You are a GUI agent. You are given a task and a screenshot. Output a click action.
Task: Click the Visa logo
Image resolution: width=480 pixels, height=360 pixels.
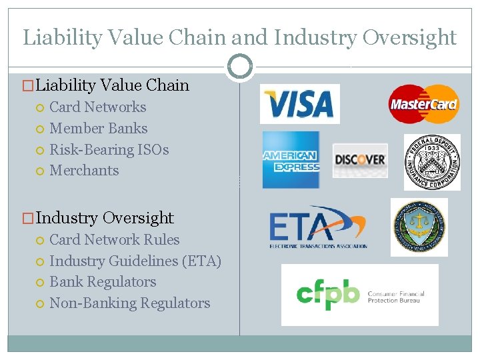coord(299,104)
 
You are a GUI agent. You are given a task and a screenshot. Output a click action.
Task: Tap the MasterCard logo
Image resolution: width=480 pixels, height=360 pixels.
coord(423,104)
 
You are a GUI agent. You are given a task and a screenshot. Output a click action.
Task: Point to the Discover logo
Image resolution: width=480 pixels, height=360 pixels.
coord(360,160)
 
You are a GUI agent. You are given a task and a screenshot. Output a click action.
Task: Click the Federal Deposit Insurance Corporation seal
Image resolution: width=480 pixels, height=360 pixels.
coord(432,162)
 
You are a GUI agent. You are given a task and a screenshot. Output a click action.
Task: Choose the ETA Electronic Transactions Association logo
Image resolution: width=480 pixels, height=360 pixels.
coord(318,227)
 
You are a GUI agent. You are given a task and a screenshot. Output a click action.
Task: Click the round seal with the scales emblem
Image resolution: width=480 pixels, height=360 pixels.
coord(419,227)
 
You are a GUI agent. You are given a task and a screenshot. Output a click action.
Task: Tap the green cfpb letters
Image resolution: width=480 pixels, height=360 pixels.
coord(328,295)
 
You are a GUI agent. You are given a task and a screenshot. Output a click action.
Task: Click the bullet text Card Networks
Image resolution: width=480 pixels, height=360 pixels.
coord(98,107)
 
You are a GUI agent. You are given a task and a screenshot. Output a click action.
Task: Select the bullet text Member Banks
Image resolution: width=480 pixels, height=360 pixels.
coord(99,129)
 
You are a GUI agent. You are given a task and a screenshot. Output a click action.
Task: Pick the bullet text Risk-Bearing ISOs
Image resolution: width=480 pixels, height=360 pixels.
coord(109,150)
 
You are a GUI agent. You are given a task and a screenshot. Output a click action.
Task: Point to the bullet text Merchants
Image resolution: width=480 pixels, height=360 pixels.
coord(84,171)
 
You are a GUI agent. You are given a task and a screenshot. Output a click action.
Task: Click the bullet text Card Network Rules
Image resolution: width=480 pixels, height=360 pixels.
coord(115,240)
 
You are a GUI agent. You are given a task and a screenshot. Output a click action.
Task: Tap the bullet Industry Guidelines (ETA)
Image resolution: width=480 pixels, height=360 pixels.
coord(135,261)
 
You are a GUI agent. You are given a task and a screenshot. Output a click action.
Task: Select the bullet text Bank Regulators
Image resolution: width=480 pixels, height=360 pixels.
coord(103,282)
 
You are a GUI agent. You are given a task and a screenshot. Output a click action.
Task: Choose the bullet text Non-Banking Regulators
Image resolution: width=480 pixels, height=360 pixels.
coord(130,303)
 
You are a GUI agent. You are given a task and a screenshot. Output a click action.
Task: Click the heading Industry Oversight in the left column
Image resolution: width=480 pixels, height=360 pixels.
coord(105,218)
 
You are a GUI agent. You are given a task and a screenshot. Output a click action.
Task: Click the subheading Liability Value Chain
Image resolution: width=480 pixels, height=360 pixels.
coord(112,85)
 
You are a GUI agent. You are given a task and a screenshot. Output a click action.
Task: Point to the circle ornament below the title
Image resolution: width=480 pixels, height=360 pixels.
coord(240,67)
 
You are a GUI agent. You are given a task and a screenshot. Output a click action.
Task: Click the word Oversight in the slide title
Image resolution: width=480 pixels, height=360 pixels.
coord(409,37)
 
